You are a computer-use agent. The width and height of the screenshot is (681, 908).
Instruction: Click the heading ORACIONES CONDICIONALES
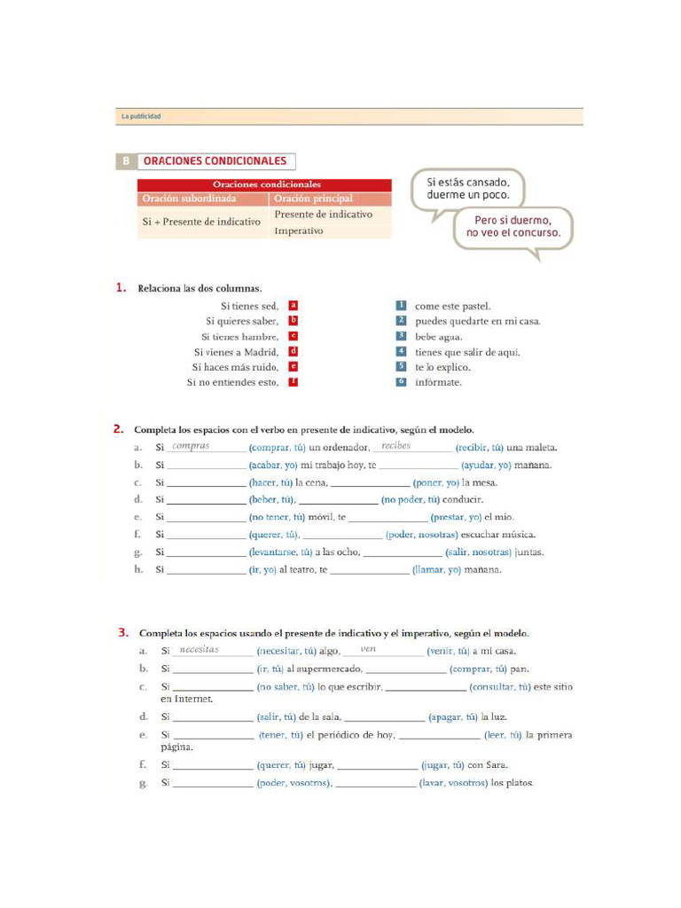point(215,161)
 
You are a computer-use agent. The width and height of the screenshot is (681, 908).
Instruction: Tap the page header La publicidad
point(141,117)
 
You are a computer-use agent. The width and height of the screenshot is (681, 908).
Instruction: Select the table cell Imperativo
point(299,231)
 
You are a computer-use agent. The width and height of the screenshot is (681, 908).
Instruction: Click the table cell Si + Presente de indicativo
point(201,222)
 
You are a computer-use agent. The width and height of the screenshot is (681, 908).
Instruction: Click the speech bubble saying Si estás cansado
point(468,188)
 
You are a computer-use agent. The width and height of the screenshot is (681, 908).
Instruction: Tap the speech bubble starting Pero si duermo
point(513,227)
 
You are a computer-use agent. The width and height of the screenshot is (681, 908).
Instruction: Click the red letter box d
point(294,351)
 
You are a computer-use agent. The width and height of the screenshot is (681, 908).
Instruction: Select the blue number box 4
point(401,351)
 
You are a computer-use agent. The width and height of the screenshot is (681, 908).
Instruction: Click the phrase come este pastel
point(452,306)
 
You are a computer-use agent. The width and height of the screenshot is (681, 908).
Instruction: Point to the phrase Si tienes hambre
point(239,336)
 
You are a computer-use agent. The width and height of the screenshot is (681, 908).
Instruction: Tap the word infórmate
point(438,382)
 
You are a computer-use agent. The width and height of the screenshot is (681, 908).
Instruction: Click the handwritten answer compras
point(191,446)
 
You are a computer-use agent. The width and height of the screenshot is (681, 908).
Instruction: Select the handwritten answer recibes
point(395,446)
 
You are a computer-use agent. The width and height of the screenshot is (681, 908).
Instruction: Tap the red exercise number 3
point(122,633)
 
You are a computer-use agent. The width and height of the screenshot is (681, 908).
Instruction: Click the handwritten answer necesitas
point(199,650)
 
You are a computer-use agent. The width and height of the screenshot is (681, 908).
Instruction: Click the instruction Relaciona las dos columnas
point(200,288)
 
